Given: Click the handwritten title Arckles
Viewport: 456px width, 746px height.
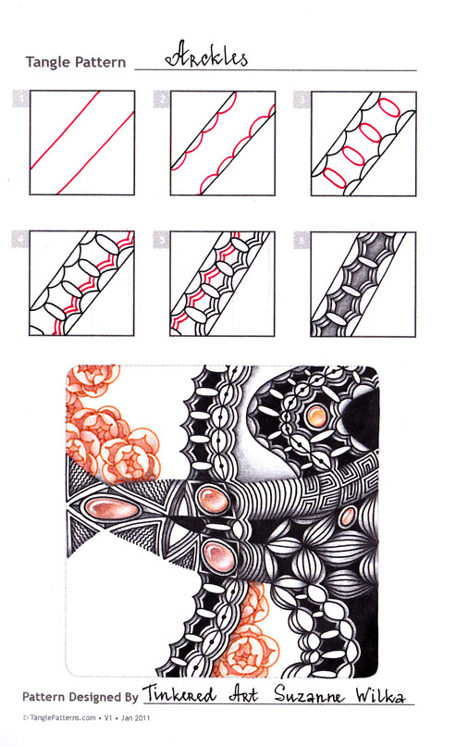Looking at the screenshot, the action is tap(206, 56).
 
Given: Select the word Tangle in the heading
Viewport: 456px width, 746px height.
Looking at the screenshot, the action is tap(46, 62).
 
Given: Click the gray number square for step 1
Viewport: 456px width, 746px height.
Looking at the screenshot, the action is tap(21, 98).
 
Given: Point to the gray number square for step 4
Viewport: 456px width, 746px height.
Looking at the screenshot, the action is tap(20, 240).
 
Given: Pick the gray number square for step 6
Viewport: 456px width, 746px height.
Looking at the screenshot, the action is tap(302, 240).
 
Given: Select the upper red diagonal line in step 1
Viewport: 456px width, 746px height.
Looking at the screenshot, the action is tap(65, 130).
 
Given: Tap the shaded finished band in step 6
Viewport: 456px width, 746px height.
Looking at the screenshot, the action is tap(358, 284).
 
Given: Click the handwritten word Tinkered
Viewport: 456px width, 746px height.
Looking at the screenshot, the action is tap(179, 693).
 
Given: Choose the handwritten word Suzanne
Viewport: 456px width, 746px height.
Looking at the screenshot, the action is tap(309, 695).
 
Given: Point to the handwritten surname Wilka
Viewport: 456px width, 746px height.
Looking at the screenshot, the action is tap(380, 695).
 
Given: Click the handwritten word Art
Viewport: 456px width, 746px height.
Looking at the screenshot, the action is tap(243, 694).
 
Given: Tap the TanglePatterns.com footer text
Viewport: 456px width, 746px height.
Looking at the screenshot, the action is tap(61, 717).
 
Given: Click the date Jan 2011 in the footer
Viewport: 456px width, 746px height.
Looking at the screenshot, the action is tap(135, 717).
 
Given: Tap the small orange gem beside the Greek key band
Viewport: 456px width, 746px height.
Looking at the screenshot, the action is tap(349, 516).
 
